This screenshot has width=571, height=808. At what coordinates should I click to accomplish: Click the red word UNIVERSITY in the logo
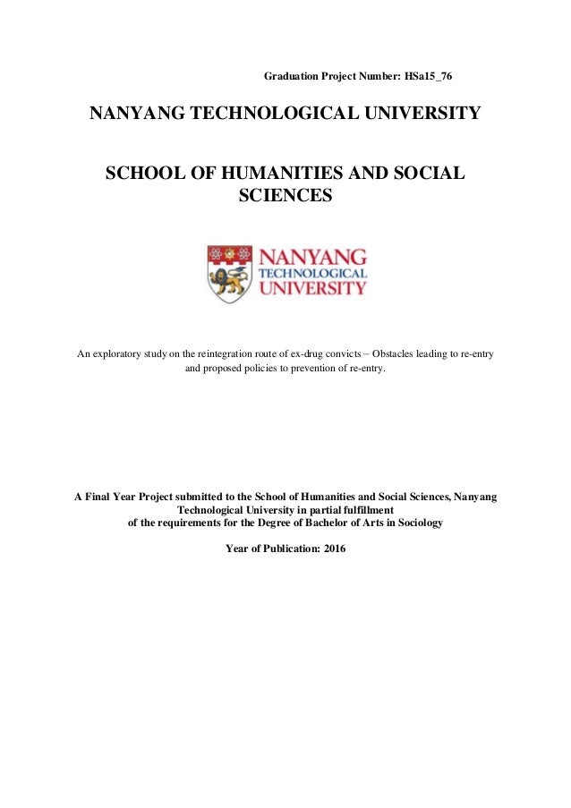(x=312, y=289)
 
